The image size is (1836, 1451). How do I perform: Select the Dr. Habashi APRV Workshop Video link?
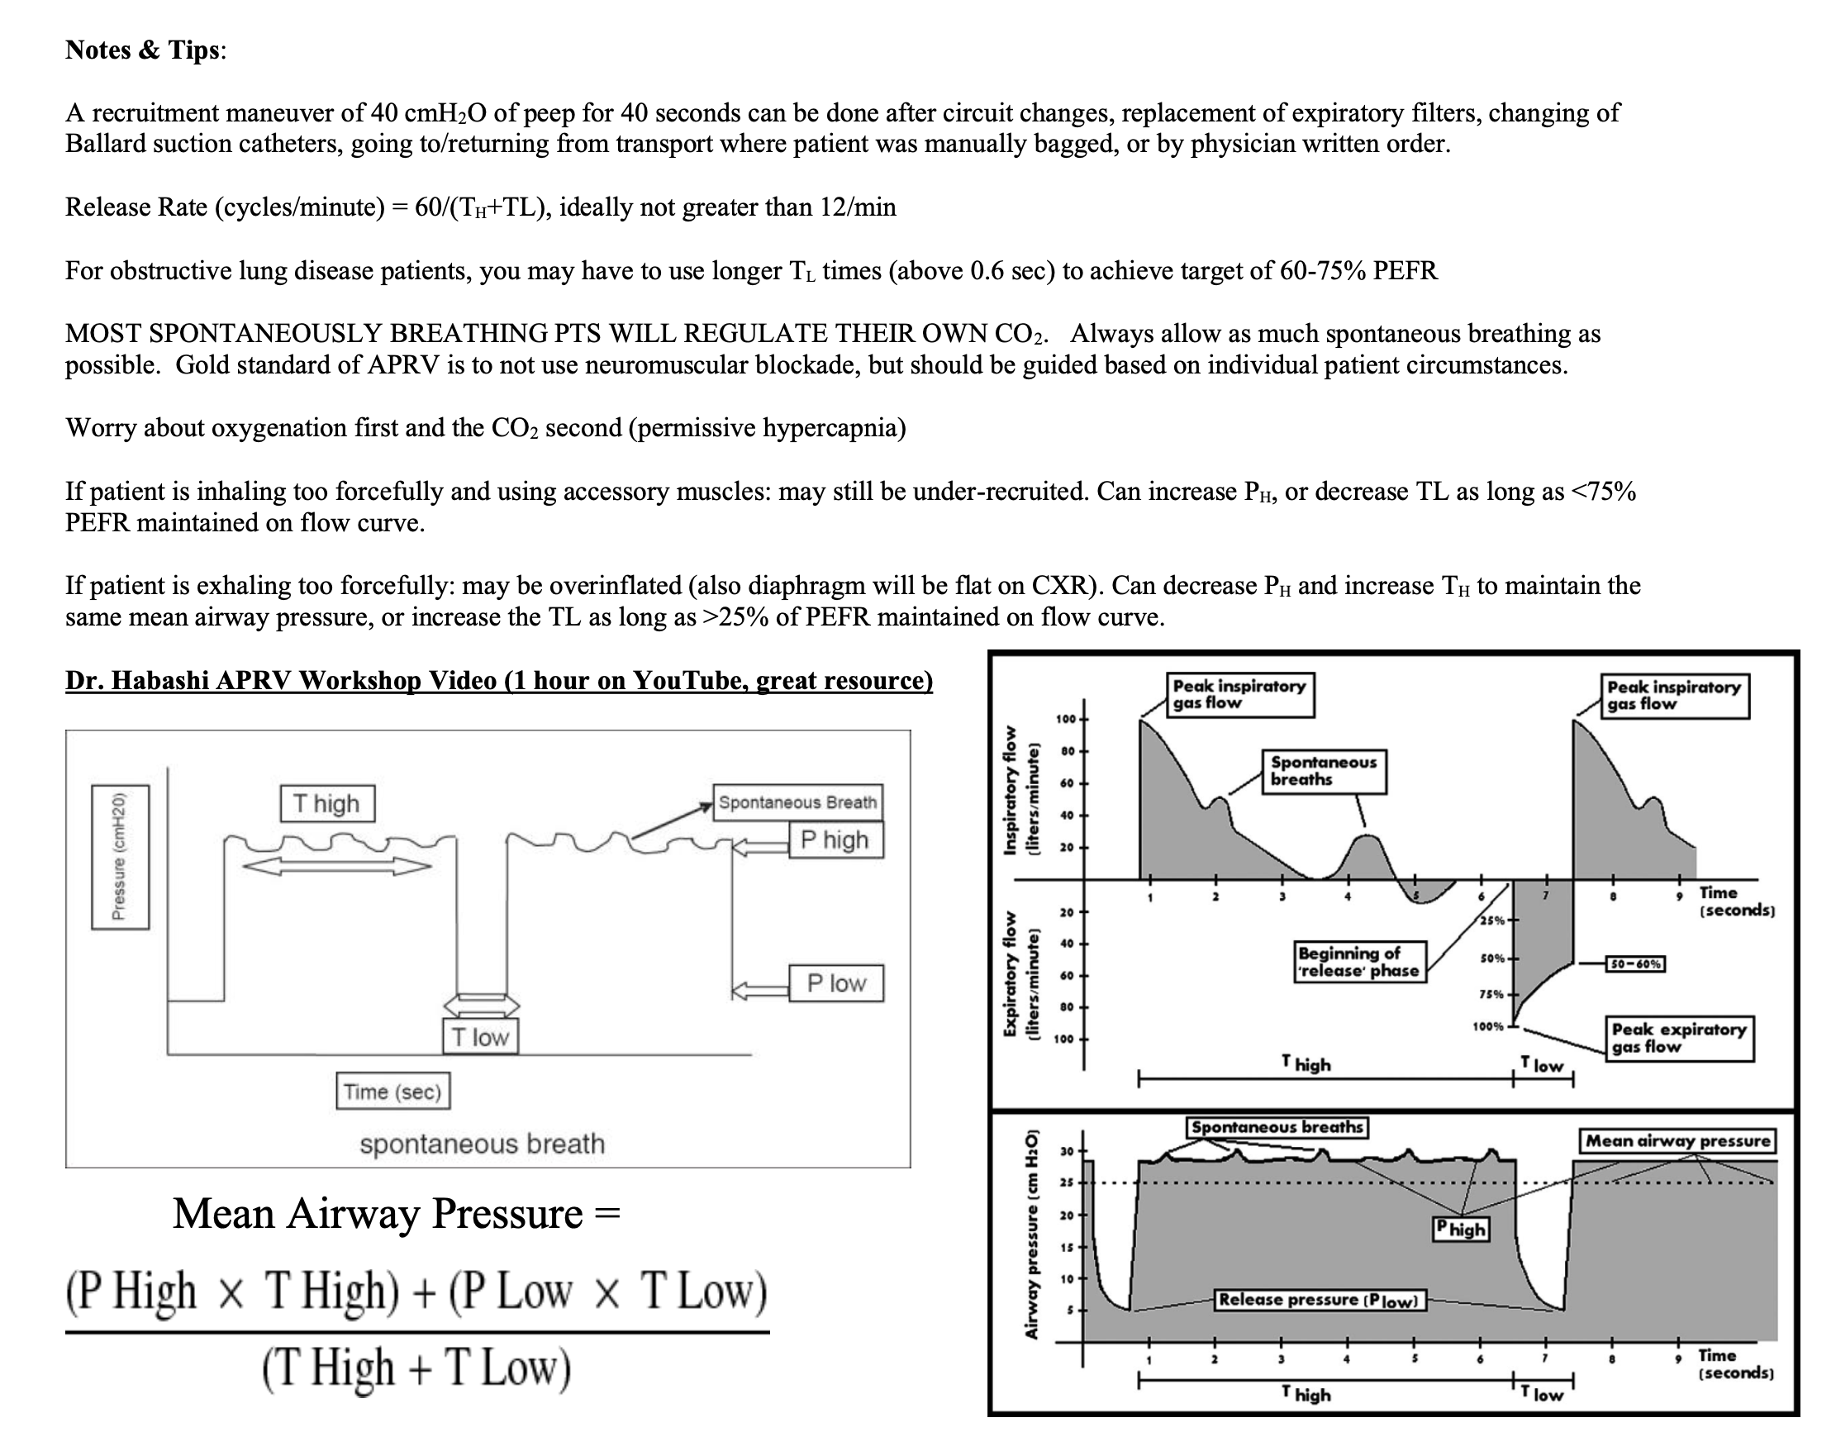[499, 681]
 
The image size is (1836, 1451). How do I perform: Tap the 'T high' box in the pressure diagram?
[327, 804]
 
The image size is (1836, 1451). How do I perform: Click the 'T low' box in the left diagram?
[480, 1036]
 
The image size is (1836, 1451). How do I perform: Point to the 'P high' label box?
[835, 840]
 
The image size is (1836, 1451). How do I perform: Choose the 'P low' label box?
[836, 983]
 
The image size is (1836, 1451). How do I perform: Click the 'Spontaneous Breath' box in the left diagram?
[797, 802]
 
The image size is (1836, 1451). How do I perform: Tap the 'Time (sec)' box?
[392, 1092]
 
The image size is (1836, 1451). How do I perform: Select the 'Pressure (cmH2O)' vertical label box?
[120, 856]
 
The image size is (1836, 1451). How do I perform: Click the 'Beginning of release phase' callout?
[1358, 962]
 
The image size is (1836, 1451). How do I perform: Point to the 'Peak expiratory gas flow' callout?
[1678, 1037]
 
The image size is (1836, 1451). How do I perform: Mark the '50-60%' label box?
[1634, 964]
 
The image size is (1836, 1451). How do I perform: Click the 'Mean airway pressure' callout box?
[1677, 1141]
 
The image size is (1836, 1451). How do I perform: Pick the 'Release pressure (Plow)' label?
[1319, 1300]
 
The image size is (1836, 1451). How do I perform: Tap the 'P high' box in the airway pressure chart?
[1461, 1229]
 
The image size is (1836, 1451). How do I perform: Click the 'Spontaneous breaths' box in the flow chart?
[1324, 770]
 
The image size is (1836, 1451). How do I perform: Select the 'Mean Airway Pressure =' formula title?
[397, 1214]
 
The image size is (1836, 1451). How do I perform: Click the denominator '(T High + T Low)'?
[416, 1368]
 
